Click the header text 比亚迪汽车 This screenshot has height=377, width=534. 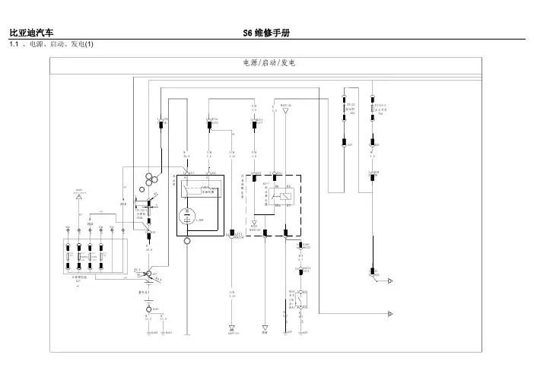coord(30,33)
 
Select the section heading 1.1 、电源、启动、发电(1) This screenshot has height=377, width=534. coord(50,46)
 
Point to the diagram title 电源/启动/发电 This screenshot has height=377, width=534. coord(267,63)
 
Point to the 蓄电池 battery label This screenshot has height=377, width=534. coord(141,291)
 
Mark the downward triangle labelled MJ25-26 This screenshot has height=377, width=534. coord(284,111)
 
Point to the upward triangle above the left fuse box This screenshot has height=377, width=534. coord(78,198)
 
